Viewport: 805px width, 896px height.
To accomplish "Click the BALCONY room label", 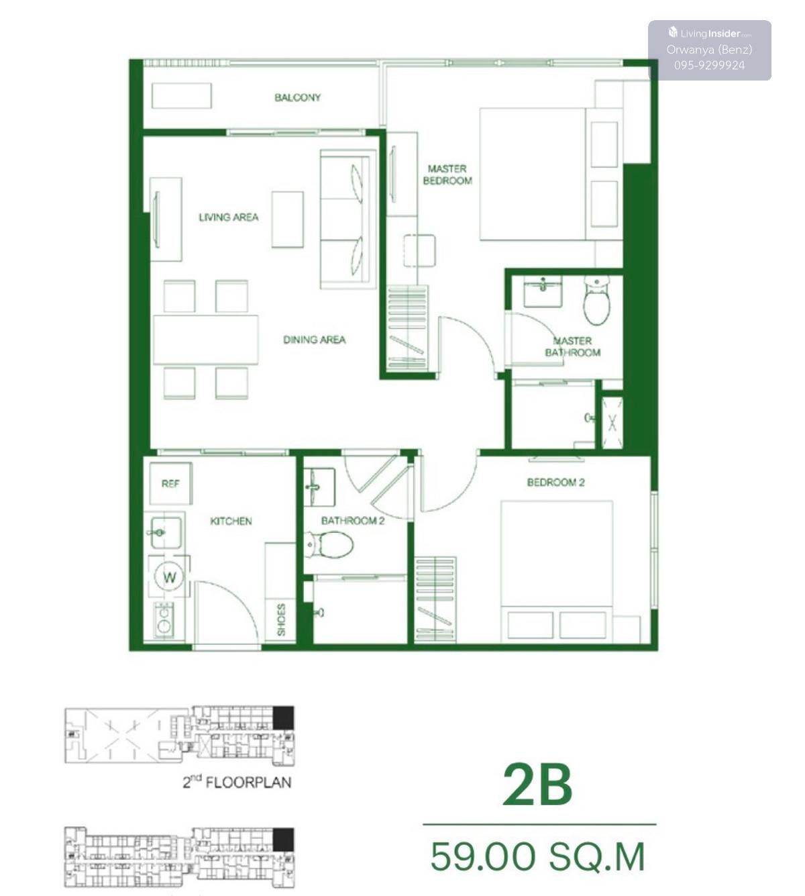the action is (x=297, y=97).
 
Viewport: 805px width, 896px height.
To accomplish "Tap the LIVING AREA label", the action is (x=229, y=217).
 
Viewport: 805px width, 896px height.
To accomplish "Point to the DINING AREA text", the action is (x=315, y=340).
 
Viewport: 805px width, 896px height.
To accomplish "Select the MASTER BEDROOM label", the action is (x=447, y=175).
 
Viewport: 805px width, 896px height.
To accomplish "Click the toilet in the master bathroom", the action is (x=596, y=300).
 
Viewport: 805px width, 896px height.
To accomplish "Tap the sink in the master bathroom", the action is (x=543, y=291).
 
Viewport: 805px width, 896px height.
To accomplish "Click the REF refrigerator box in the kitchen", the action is (x=170, y=484).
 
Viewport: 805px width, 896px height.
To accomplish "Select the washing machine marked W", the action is (x=169, y=577).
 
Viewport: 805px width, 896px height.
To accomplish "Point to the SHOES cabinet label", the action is (x=281, y=619).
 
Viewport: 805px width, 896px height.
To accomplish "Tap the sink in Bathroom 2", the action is (x=319, y=487).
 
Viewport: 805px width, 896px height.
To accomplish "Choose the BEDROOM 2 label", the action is (x=555, y=483).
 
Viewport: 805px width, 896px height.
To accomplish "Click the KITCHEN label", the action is (x=231, y=521).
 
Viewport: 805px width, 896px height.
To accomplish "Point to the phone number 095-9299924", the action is (x=710, y=66).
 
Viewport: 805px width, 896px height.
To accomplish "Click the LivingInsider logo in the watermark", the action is (x=710, y=33).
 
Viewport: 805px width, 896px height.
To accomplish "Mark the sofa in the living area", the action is (x=348, y=219).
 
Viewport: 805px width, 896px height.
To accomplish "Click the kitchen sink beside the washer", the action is (x=166, y=532).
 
